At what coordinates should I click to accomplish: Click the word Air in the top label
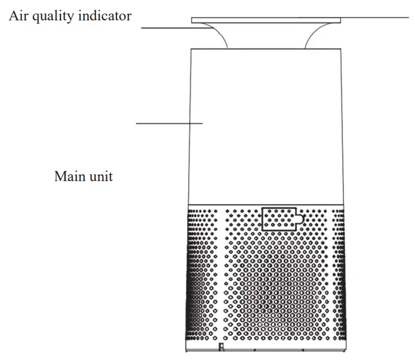(18, 16)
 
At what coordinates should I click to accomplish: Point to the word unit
(100, 176)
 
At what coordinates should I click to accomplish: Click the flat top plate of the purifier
(266, 20)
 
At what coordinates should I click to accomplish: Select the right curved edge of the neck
(312, 35)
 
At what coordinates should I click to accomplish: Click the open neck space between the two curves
(266, 36)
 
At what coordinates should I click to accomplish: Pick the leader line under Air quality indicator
(167, 27)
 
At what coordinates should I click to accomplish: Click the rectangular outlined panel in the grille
(278, 218)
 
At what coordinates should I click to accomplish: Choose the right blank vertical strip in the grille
(329, 272)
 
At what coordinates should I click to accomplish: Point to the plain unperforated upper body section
(266, 125)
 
